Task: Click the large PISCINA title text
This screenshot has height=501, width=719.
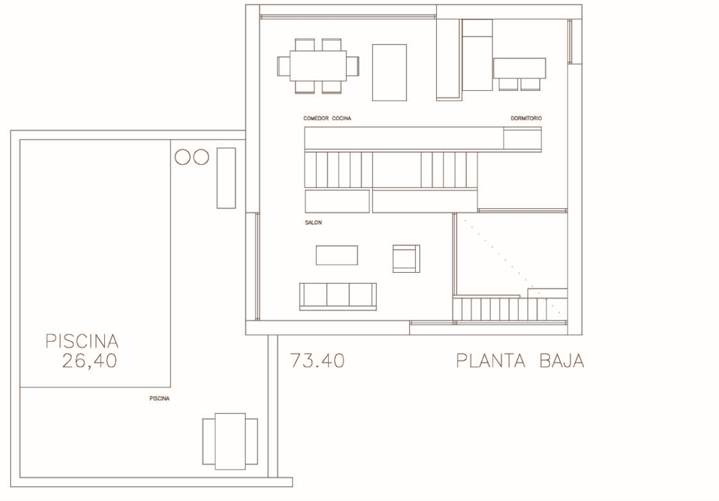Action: (x=82, y=341)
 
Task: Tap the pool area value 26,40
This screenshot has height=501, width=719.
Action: (x=90, y=361)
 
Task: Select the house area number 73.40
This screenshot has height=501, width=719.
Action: (x=317, y=361)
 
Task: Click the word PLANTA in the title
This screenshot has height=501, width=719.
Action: (x=491, y=361)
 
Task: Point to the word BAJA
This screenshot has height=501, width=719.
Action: (x=562, y=361)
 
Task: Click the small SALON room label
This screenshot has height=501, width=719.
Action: (x=313, y=222)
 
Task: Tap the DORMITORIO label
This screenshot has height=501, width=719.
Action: (x=526, y=118)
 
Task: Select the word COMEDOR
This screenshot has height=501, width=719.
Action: (x=316, y=118)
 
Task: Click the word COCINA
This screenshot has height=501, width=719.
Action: (x=342, y=118)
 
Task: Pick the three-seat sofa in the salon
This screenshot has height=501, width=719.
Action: (x=338, y=296)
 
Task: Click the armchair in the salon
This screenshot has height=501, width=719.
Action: (x=406, y=259)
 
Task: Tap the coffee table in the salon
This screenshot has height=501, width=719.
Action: (x=336, y=255)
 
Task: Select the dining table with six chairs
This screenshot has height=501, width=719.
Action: (x=318, y=66)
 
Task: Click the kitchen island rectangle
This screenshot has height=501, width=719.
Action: (x=389, y=73)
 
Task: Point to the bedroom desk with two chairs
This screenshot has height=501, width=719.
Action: (x=519, y=73)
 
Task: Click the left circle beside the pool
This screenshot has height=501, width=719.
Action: (x=182, y=157)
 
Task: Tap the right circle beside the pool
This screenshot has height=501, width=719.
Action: (x=200, y=157)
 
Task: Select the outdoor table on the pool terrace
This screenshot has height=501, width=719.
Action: (x=230, y=442)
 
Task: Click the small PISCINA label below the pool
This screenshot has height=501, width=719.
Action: (x=159, y=398)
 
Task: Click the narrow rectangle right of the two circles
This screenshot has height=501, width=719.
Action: (x=226, y=178)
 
